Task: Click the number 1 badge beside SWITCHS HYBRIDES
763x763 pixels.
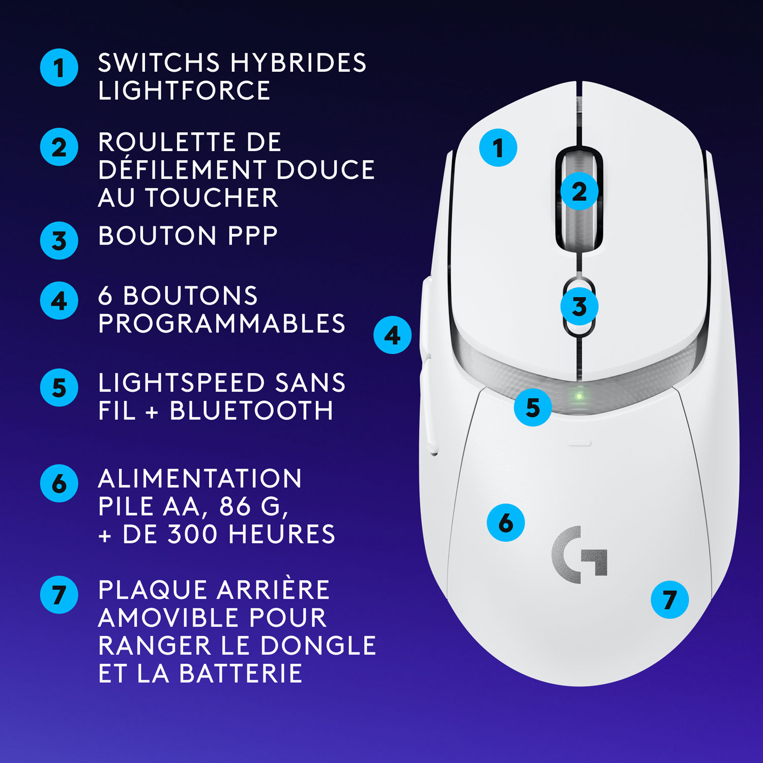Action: [x=59, y=68]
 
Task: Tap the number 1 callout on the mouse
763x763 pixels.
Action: [x=498, y=148]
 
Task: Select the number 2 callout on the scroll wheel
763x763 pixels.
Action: [x=579, y=192]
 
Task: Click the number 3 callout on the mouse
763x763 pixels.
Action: [x=579, y=307]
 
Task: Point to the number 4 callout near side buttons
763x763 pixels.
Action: [x=392, y=335]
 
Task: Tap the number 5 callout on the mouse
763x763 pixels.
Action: [x=533, y=407]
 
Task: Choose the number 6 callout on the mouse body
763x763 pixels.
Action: [x=506, y=522]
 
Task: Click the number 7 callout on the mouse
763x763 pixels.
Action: [x=669, y=600]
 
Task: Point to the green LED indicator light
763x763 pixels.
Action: [x=579, y=396]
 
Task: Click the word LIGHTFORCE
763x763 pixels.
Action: [x=184, y=91]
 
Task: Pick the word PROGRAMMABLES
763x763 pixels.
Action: [x=222, y=324]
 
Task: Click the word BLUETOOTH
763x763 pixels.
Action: [x=251, y=411]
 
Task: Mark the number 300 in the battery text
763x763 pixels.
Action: [x=194, y=534]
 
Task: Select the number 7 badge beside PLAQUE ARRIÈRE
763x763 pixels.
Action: [x=59, y=595]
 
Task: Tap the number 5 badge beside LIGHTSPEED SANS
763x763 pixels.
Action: [x=59, y=388]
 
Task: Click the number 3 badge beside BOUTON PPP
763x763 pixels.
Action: [x=59, y=241]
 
